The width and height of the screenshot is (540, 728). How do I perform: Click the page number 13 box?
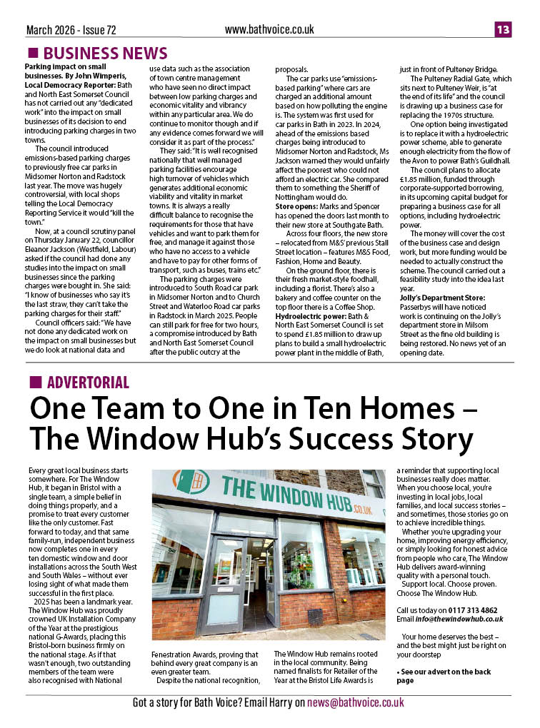[503, 29]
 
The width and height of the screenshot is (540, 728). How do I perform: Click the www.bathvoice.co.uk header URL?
[269, 29]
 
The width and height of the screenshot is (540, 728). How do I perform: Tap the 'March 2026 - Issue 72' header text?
[71, 30]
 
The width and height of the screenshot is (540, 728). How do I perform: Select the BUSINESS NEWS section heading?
[105, 54]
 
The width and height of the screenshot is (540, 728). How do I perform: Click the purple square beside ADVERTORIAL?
[34, 383]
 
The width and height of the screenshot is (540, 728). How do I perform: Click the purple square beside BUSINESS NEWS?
[33, 54]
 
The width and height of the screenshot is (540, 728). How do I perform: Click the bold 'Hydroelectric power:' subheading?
[311, 315]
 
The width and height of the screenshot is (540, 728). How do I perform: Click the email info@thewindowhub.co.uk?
[461, 619]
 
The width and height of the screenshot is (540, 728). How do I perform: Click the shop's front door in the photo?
[223, 582]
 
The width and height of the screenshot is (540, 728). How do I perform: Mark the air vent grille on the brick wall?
[315, 617]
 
